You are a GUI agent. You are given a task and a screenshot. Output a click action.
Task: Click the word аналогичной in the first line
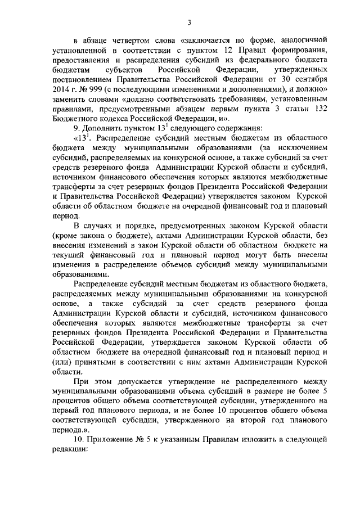coord(305,39)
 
